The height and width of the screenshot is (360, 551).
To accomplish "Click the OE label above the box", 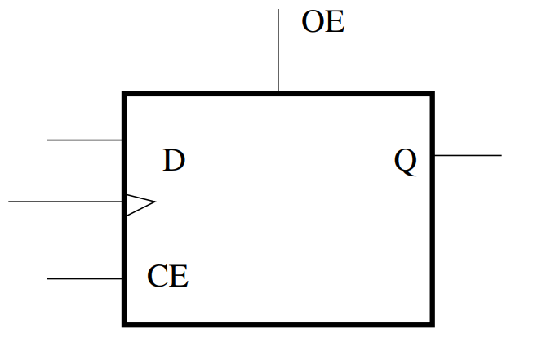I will click(x=323, y=23).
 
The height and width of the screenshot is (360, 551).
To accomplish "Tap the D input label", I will click(x=174, y=161).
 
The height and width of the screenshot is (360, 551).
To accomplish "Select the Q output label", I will click(x=406, y=162).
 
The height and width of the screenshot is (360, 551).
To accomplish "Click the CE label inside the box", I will click(x=168, y=277).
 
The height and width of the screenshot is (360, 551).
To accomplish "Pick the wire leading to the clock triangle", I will click(x=65, y=201).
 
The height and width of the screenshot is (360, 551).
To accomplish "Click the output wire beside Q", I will click(x=468, y=155).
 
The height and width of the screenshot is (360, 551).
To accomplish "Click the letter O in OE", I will click(x=313, y=23).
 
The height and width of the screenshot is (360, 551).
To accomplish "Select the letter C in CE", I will click(x=158, y=277).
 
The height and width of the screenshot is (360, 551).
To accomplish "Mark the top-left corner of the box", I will click(x=124, y=95).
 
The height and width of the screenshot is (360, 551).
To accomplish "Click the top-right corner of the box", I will click(x=432, y=95).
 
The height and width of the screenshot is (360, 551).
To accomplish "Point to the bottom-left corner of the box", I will click(x=124, y=324).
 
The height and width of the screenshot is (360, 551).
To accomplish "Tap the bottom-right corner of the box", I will click(x=432, y=324).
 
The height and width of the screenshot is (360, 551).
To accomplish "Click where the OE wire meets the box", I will click(x=278, y=93).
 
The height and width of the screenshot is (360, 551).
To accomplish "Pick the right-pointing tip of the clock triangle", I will click(x=155, y=202).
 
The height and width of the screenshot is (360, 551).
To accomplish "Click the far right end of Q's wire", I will click(x=500, y=155).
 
